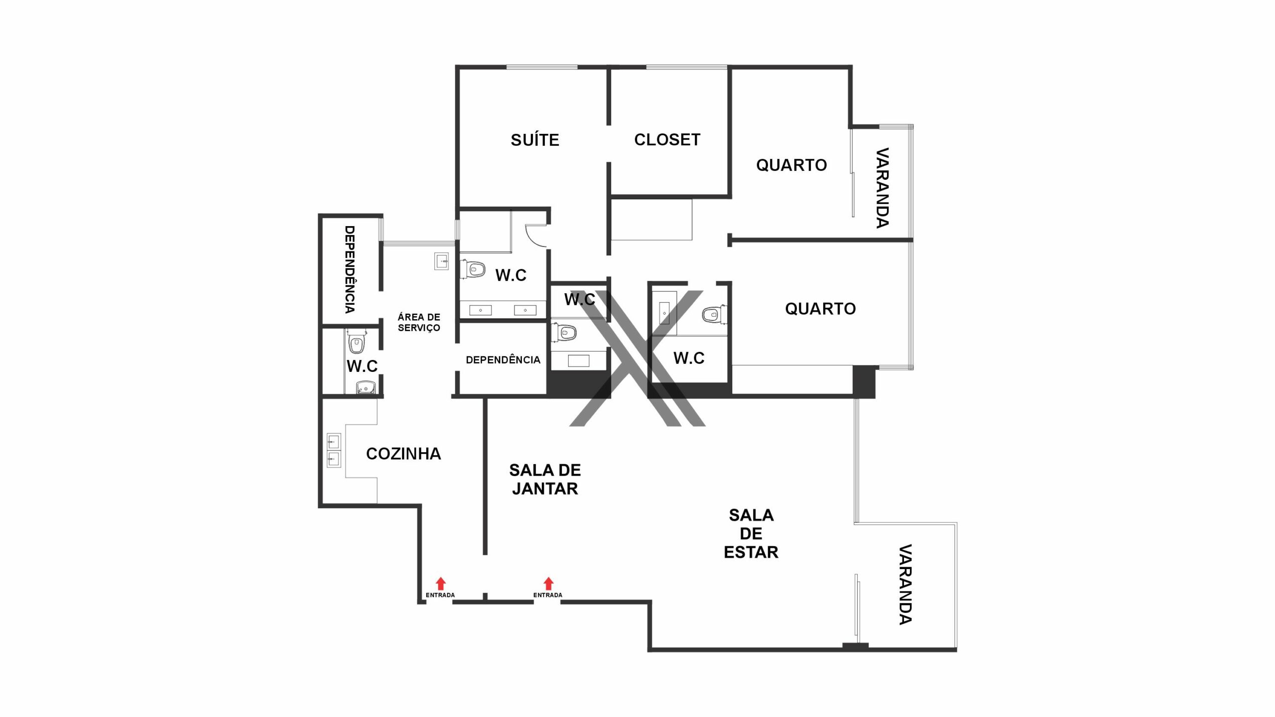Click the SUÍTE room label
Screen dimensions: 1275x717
pyautogui.click(x=535, y=139)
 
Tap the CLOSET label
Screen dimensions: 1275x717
pyautogui.click(x=667, y=139)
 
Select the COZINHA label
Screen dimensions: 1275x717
pyautogui.click(x=403, y=454)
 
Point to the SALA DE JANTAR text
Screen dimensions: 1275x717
pyautogui.click(x=545, y=479)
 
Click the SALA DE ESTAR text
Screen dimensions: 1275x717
pyautogui.click(x=751, y=533)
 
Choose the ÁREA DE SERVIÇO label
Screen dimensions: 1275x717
pyautogui.click(x=419, y=322)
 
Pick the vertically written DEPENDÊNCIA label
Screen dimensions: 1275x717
pyautogui.click(x=350, y=269)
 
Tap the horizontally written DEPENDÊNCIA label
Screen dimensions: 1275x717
pyautogui.click(x=503, y=359)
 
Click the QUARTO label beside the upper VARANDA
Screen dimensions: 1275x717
pyautogui.click(x=791, y=165)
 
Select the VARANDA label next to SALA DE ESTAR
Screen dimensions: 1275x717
pyautogui.click(x=905, y=585)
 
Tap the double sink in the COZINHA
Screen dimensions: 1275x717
pyautogui.click(x=334, y=450)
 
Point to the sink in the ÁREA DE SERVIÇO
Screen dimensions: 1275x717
pyautogui.click(x=441, y=261)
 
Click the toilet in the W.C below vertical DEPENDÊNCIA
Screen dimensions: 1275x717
pyautogui.click(x=356, y=342)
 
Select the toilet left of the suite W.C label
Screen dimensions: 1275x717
pyautogui.click(x=474, y=269)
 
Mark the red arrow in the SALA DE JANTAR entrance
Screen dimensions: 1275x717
pyautogui.click(x=548, y=584)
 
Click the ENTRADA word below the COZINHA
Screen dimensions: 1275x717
pyautogui.click(x=440, y=595)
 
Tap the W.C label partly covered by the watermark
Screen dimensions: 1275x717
pyautogui.click(x=580, y=299)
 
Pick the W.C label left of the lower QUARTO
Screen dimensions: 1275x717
pyautogui.click(x=689, y=358)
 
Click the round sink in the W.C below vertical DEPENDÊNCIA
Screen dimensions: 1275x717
pyautogui.click(x=366, y=387)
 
